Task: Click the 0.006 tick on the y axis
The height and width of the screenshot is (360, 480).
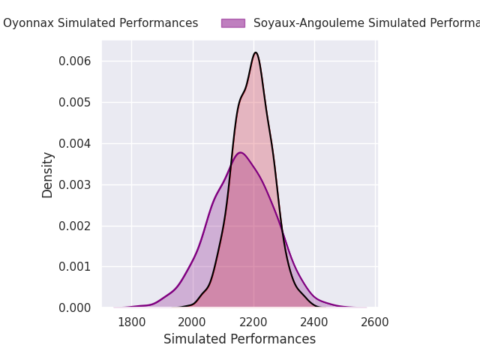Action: [x=75, y=61]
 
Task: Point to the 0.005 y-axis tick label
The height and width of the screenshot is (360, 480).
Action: [x=75, y=102]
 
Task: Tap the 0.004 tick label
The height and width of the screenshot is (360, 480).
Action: [x=75, y=143]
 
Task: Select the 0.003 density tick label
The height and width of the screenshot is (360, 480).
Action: [x=75, y=184]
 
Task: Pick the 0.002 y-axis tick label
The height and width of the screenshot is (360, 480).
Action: [x=75, y=226]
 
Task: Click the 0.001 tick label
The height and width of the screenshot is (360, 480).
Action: [x=75, y=267]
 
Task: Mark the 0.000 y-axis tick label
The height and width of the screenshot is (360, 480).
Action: [x=75, y=307]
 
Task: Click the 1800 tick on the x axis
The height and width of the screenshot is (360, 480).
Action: [x=132, y=322]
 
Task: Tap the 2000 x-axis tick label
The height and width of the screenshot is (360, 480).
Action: [x=192, y=322]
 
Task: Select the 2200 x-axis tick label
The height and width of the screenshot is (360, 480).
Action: [x=253, y=322]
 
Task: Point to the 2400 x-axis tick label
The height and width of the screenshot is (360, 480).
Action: [x=314, y=322]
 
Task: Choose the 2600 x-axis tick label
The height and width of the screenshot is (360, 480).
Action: [x=375, y=322]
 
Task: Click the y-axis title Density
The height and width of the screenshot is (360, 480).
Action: [x=47, y=175]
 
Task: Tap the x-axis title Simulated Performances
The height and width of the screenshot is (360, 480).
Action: [x=239, y=339]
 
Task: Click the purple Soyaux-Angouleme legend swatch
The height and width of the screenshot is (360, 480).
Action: [x=233, y=23]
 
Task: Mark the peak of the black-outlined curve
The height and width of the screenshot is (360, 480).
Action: [x=256, y=52]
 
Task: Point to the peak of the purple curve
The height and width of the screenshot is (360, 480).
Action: [x=241, y=152]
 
